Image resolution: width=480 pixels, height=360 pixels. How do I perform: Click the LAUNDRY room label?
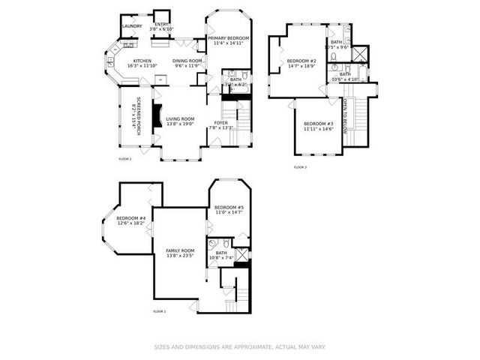click(132, 26)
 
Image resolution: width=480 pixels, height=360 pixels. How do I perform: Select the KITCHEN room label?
click(142, 62)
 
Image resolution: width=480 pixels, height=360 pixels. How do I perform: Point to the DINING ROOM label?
click(187, 62)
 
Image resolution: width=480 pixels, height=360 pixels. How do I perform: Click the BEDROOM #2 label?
click(302, 62)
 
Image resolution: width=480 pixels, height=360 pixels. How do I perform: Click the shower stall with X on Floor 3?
click(361, 55)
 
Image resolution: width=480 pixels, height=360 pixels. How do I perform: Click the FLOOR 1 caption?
click(159, 310)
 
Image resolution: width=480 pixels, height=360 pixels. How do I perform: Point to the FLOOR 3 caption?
click(300, 166)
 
